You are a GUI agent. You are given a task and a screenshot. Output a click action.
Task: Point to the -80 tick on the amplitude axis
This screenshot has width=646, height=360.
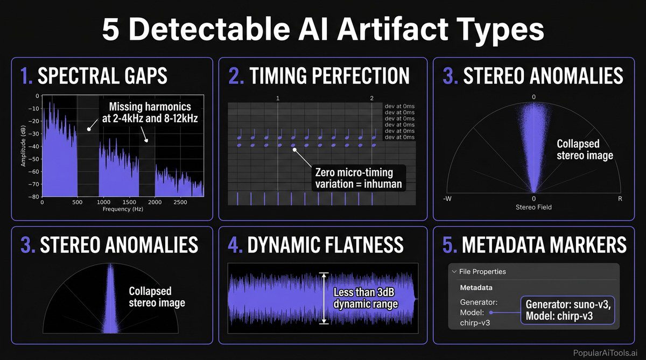(x=34, y=196)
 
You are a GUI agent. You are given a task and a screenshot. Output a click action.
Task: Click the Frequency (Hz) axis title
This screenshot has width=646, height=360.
(x=122, y=208)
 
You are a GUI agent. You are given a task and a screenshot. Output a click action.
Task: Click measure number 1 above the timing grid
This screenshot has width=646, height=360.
(x=278, y=98)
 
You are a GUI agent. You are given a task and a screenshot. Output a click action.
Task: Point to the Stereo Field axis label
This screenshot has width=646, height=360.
(x=533, y=207)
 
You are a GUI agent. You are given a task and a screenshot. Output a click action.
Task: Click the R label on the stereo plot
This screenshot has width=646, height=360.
(x=620, y=199)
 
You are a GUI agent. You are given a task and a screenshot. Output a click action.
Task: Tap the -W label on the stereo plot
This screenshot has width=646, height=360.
(x=447, y=199)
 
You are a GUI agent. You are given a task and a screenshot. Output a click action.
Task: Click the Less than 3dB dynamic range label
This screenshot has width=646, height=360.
(x=365, y=299)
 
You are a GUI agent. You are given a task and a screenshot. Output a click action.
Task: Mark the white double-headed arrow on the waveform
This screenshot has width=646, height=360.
(x=324, y=298)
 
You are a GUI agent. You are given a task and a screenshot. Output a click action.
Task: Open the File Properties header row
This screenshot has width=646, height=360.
(x=482, y=272)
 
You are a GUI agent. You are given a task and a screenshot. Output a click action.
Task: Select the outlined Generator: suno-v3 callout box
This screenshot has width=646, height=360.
(x=567, y=310)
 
